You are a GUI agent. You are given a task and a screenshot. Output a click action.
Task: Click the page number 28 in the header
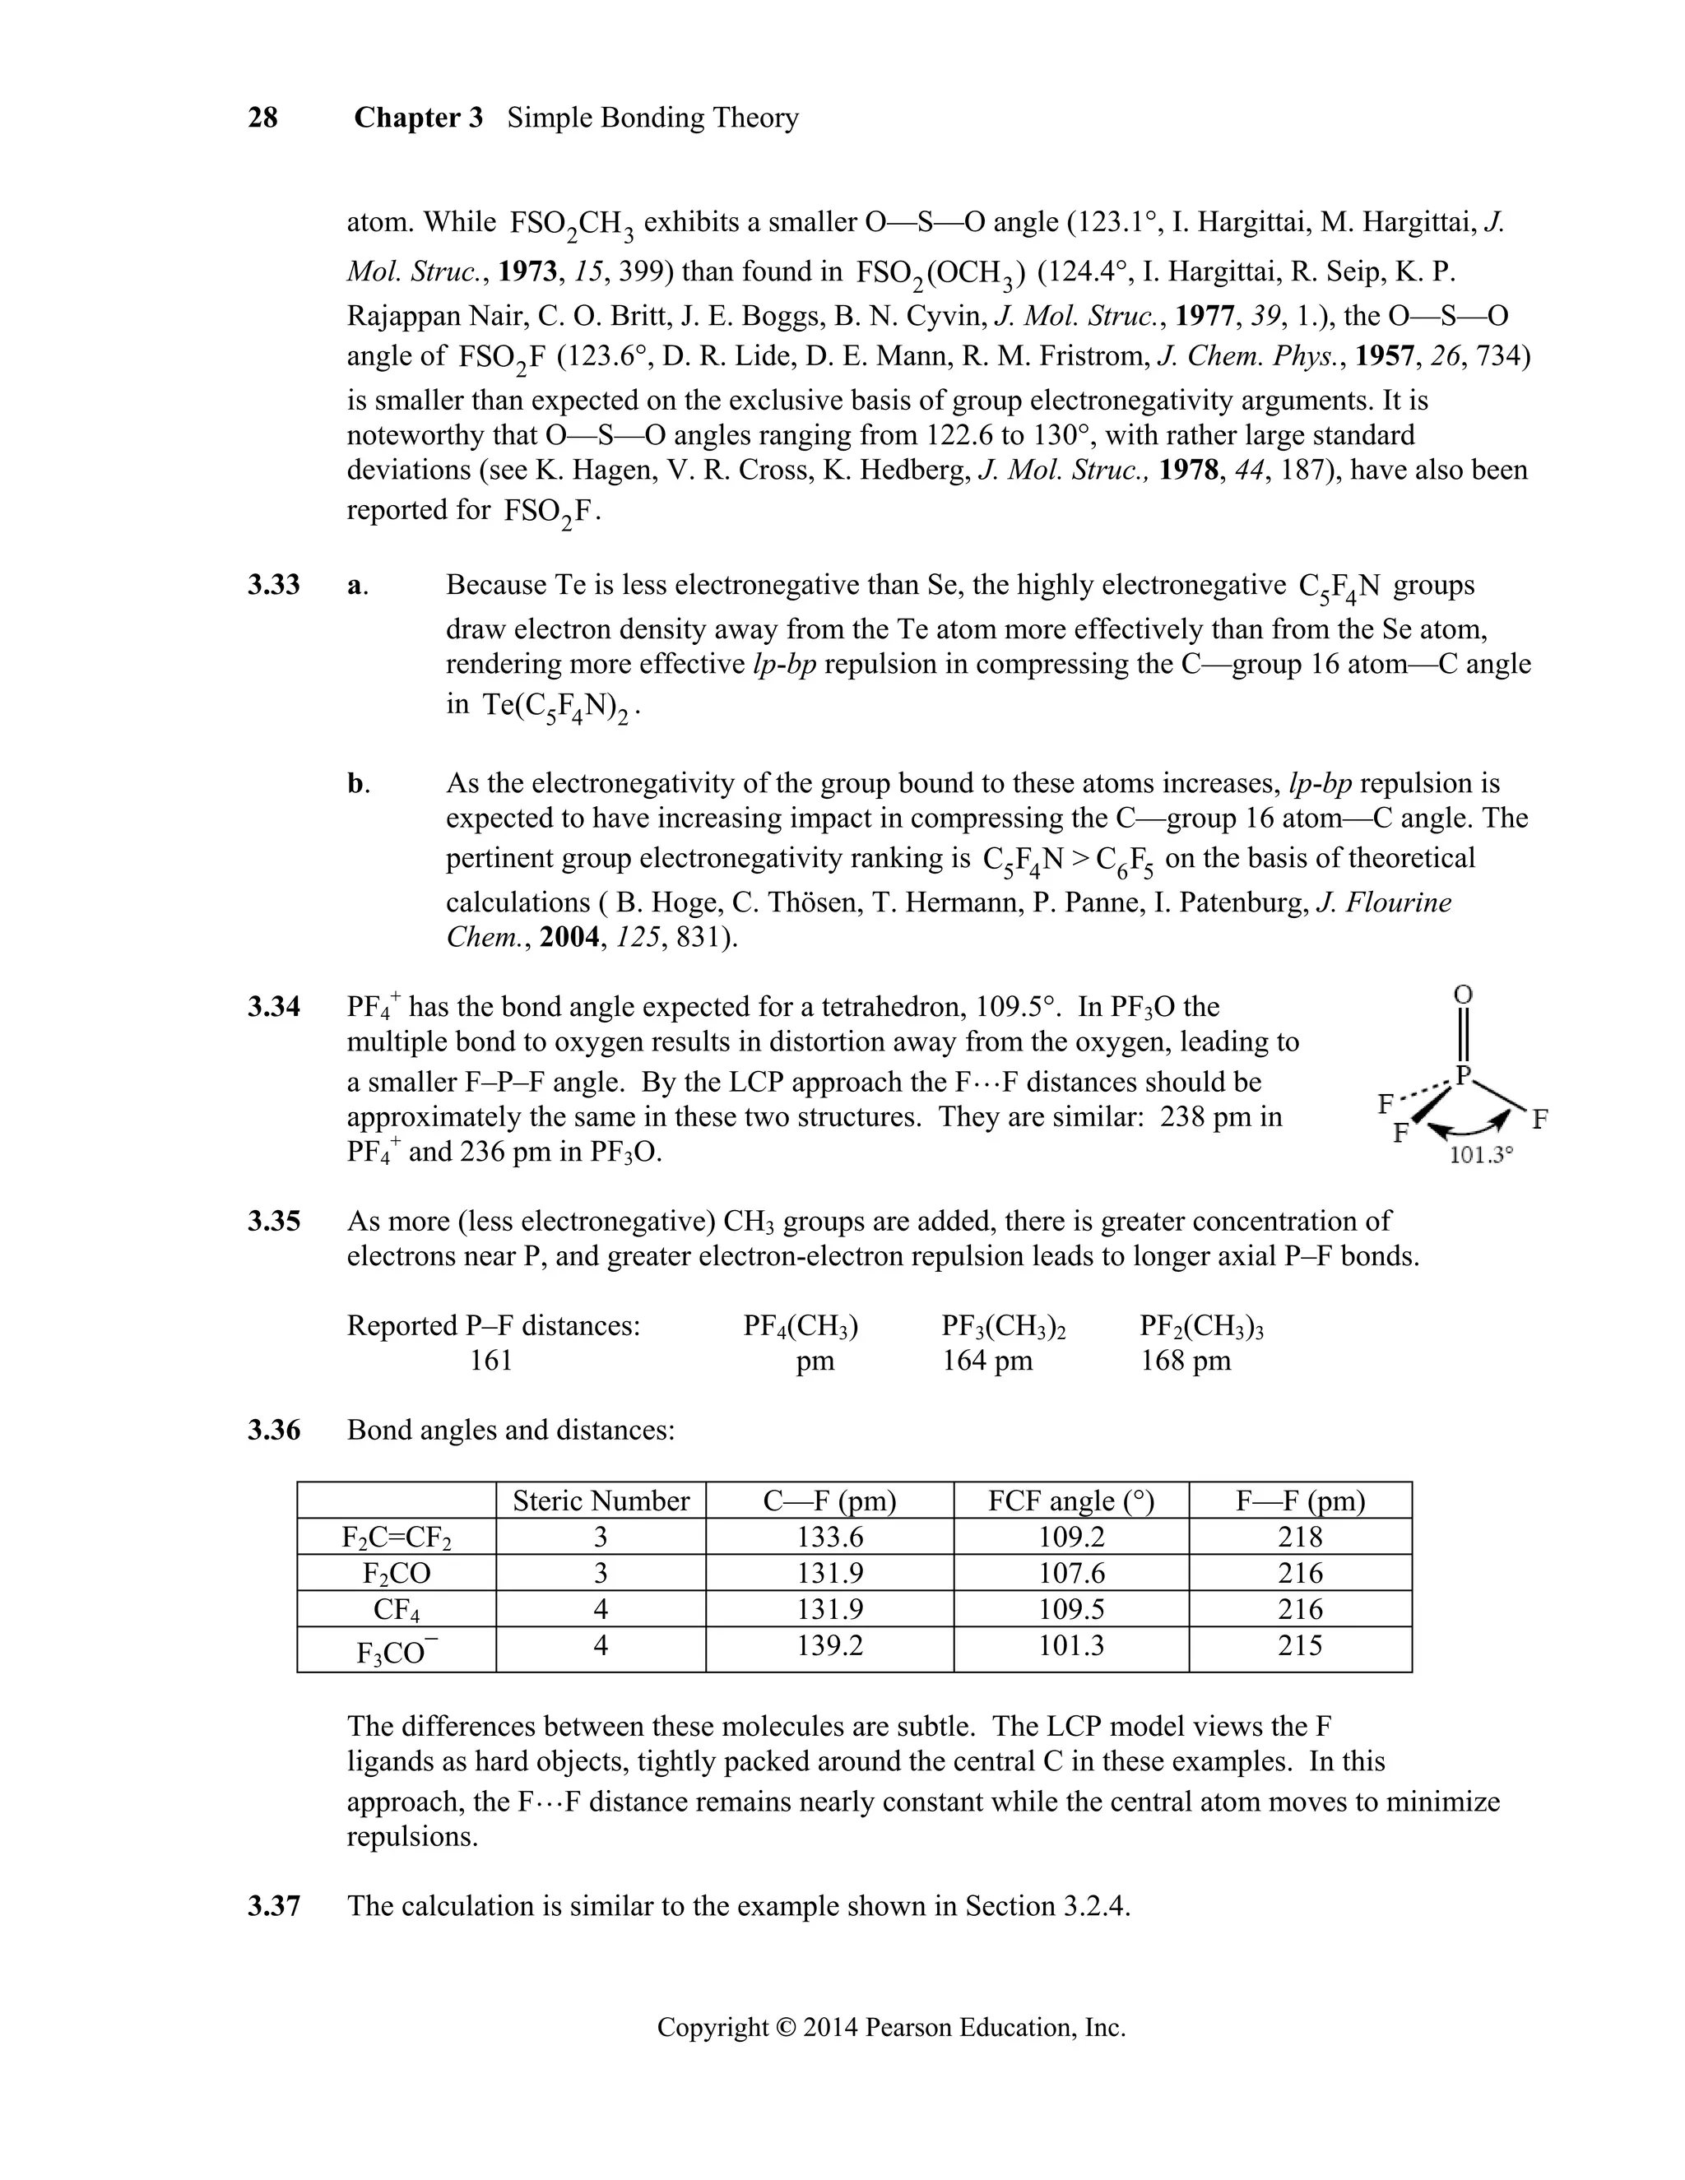coord(262,118)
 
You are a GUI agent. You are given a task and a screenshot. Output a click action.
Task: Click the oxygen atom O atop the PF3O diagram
coord(1464,995)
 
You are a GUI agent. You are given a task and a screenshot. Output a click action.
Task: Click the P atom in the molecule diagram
coord(1465,1075)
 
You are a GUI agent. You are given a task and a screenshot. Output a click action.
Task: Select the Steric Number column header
coord(601,1501)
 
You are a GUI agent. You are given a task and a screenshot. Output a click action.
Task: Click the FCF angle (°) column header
coord(1071,1501)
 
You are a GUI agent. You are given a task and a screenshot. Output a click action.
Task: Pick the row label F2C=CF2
coord(397,1538)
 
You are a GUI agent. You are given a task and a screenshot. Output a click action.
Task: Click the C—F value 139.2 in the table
coord(829,1645)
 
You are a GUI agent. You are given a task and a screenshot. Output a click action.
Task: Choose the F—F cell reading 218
coord(1300,1538)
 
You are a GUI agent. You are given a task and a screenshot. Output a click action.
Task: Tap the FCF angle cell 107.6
coord(1071,1573)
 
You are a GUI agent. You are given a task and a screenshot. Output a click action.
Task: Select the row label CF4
coord(397,1610)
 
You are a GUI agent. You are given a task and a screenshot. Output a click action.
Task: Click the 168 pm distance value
coord(1186,1361)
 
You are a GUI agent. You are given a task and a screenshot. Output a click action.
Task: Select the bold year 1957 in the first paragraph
coord(1382,356)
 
